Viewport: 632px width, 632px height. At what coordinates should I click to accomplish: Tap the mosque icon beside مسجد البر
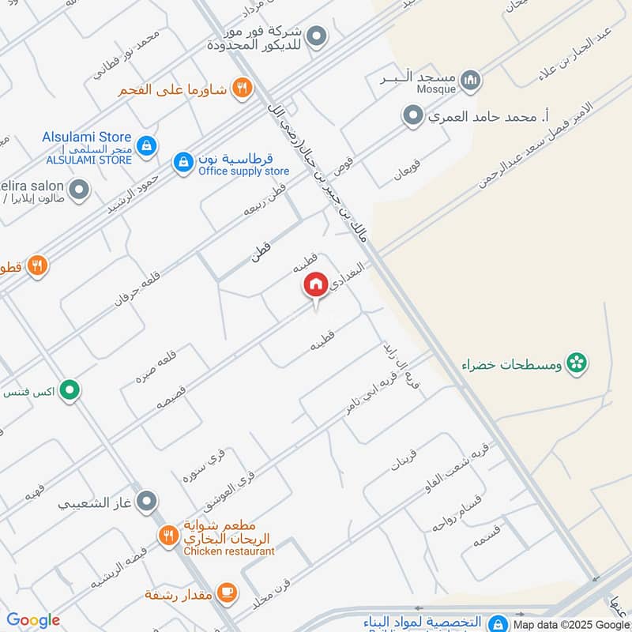[x=471, y=80]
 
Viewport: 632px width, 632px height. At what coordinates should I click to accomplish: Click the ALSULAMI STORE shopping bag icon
[x=146, y=145]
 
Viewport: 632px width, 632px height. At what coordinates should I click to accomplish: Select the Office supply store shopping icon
[x=183, y=163]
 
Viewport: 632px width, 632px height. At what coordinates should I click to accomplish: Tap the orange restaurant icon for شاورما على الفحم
[x=243, y=88]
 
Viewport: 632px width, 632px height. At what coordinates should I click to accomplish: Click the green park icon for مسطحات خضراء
[x=578, y=364]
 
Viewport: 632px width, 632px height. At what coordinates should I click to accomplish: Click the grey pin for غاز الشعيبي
[x=146, y=501]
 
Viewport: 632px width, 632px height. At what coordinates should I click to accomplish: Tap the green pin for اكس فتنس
[x=71, y=390]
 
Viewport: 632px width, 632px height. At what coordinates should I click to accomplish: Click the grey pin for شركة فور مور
[x=317, y=36]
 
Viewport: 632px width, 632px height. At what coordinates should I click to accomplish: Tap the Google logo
[x=33, y=620]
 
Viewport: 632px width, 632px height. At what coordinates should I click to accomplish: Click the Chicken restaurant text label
[x=229, y=551]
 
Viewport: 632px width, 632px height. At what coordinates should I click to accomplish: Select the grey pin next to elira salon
[x=78, y=190]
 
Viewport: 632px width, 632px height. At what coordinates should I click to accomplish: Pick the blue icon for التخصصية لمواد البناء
[x=497, y=623]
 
